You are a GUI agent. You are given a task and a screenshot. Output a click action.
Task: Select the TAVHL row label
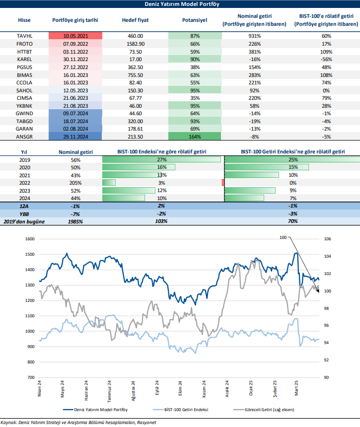pos(24,36)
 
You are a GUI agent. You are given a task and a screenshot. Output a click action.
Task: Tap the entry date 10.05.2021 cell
pos(75,36)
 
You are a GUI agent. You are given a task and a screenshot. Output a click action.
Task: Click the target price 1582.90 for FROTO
pos(135,44)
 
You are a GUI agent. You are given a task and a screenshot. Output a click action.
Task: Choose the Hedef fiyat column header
pos(135,20)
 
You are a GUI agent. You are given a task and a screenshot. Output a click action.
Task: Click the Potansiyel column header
pos(195,20)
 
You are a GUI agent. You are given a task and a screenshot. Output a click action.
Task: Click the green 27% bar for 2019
pos(161,160)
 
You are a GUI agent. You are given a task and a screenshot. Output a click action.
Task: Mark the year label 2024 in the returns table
pos(24,198)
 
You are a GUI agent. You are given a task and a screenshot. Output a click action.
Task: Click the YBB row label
pos(24,213)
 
